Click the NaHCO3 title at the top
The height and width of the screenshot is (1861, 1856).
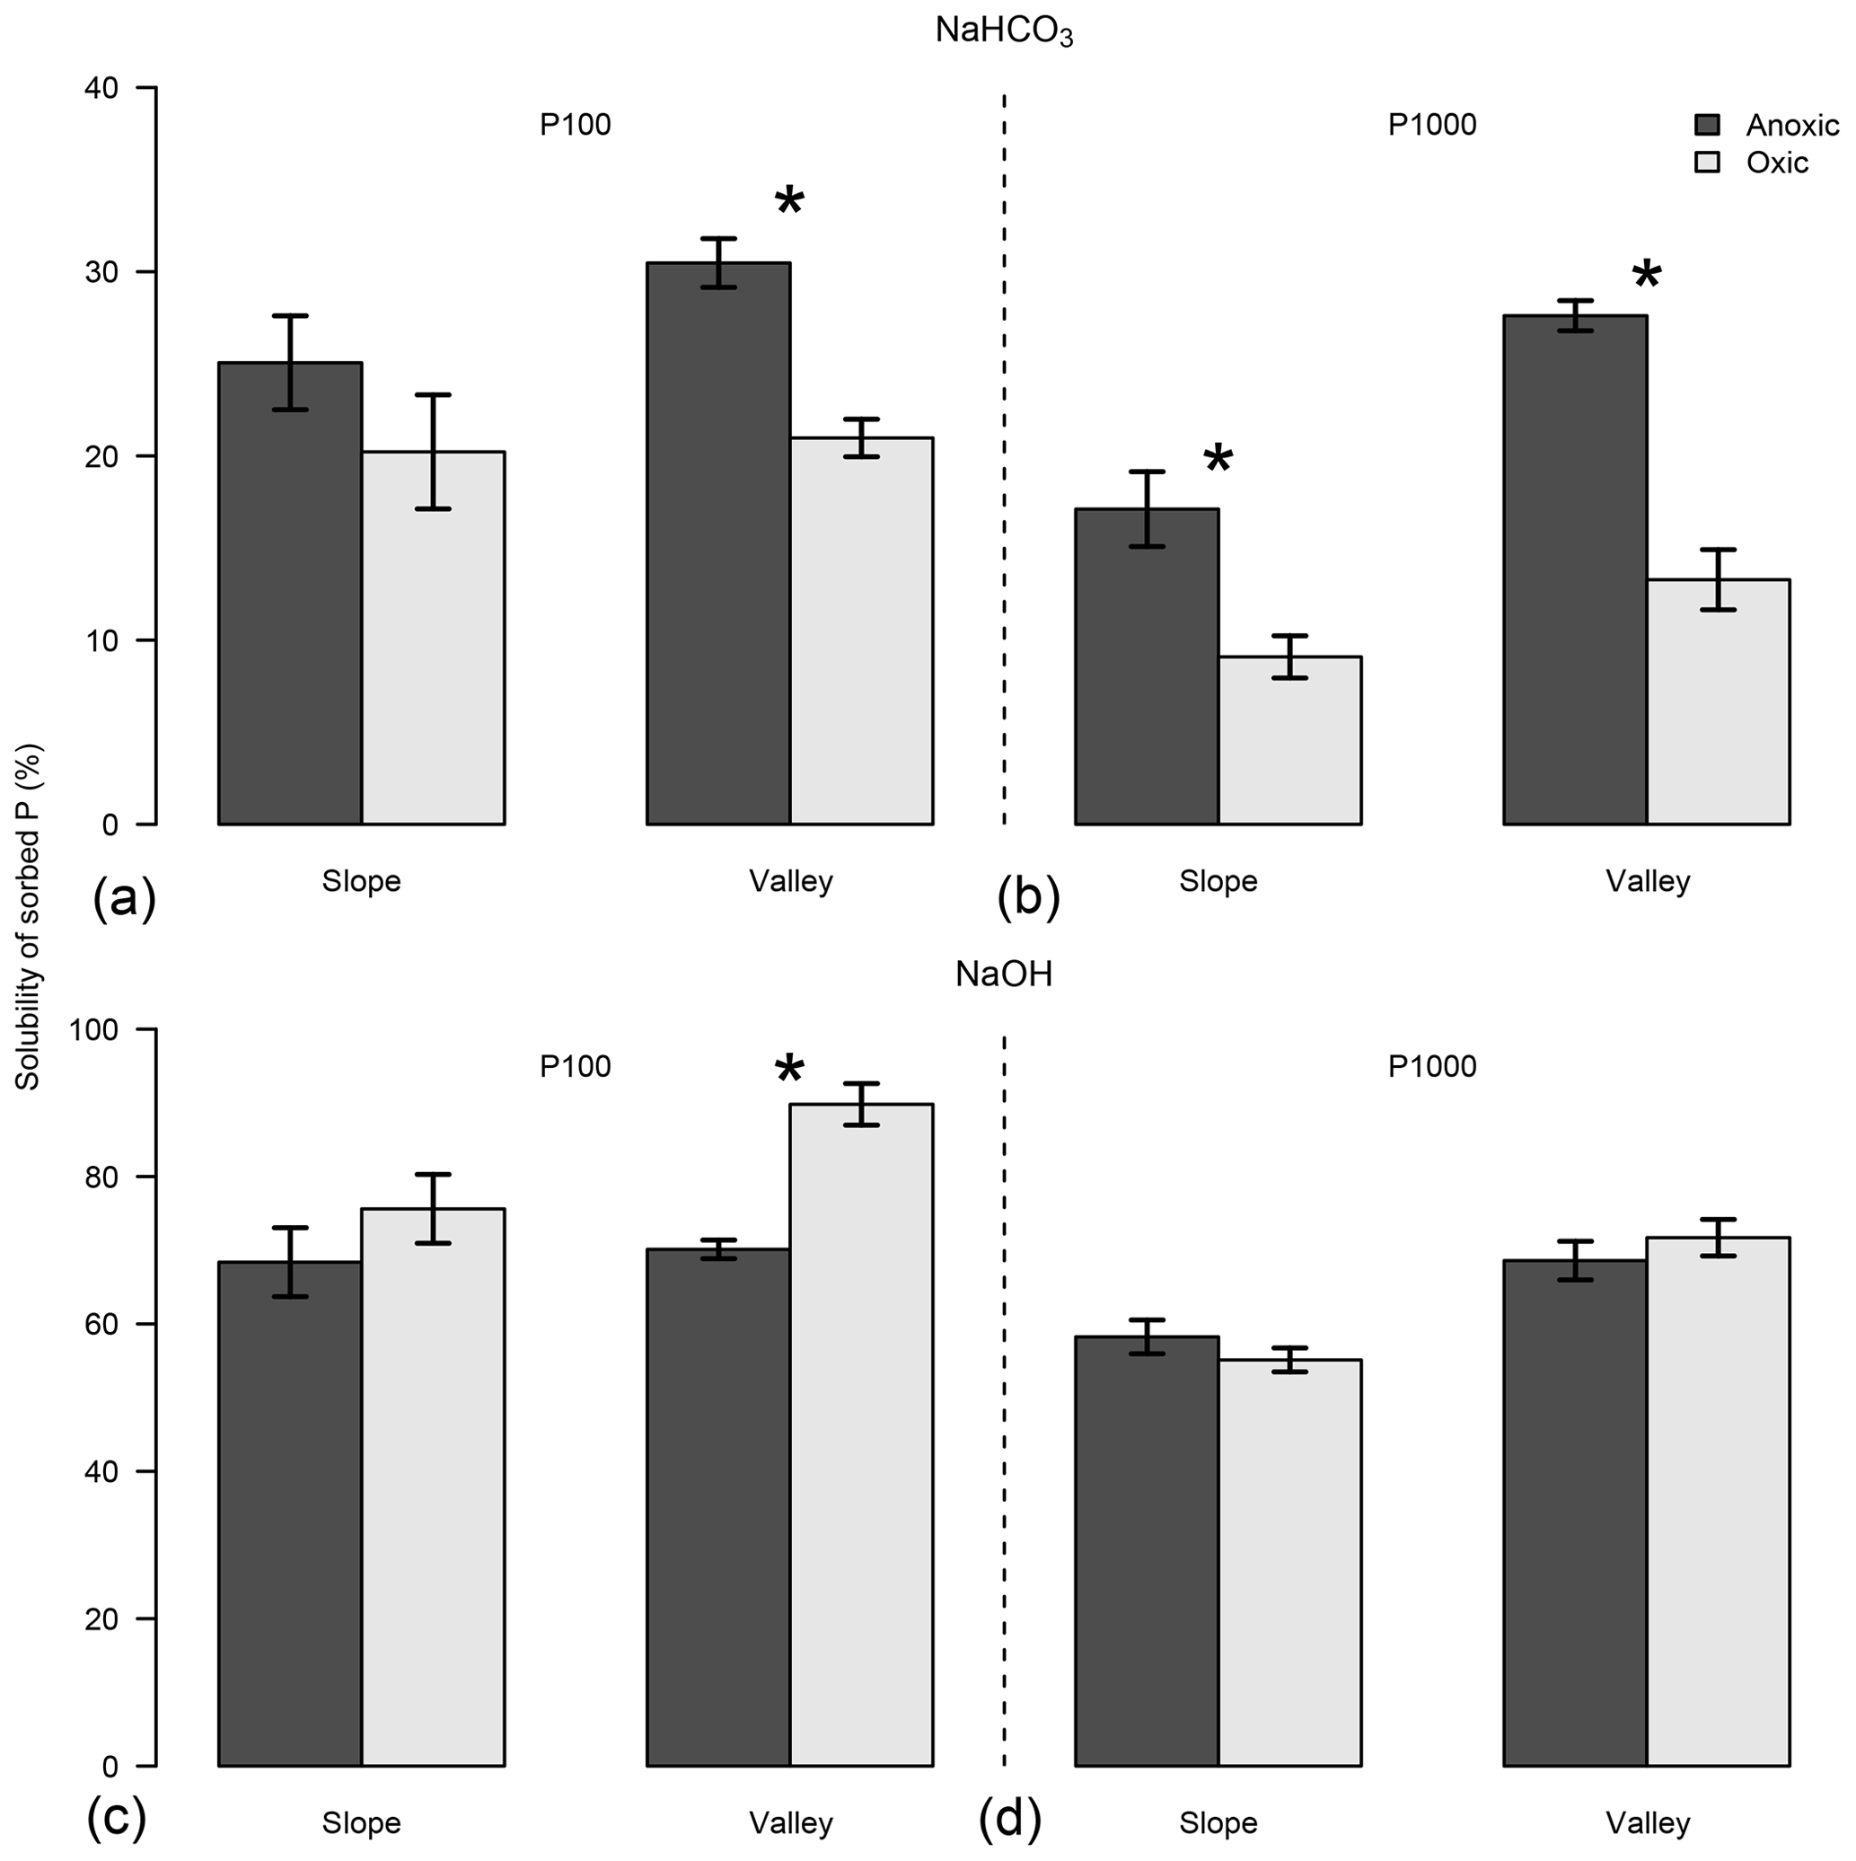pyautogui.click(x=1004, y=31)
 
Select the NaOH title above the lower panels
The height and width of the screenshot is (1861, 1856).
pyautogui.click(x=1004, y=975)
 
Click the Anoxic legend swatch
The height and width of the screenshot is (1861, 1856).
pyautogui.click(x=1707, y=125)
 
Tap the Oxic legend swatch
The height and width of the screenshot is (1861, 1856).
pyautogui.click(x=1707, y=163)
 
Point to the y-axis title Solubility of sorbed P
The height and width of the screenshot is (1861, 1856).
pyautogui.click(x=28, y=916)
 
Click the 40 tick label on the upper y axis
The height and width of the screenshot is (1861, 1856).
pyautogui.click(x=102, y=89)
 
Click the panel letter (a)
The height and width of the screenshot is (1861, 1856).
pyautogui.click(x=124, y=899)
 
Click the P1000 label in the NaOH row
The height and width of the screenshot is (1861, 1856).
pyautogui.click(x=1431, y=1067)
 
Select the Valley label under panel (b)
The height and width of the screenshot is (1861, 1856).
pyautogui.click(x=1647, y=881)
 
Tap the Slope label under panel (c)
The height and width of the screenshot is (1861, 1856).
pyautogui.click(x=361, y=1822)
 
